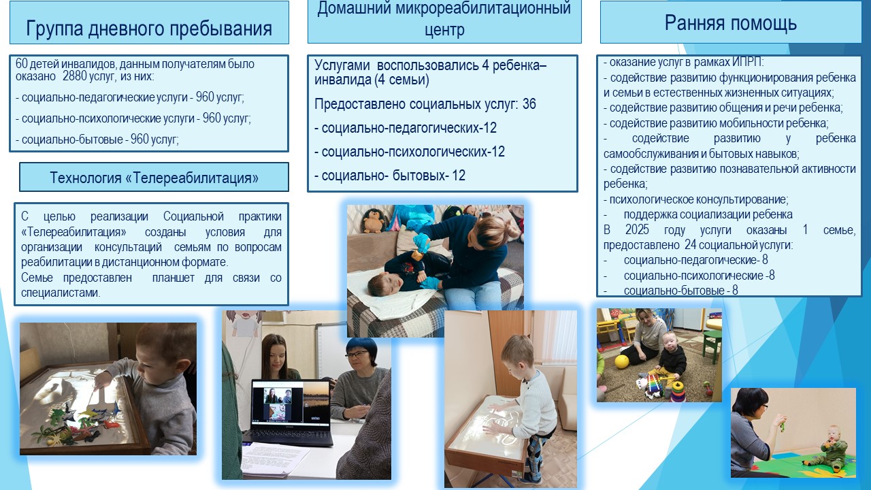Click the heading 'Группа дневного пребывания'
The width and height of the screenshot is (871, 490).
149,29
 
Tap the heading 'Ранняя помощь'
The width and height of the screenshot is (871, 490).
731,22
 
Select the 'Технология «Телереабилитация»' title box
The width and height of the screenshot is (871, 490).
154,178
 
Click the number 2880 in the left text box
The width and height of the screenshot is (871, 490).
74,76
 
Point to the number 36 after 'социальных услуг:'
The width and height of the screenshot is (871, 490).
529,104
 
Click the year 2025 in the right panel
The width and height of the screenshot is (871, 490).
637,230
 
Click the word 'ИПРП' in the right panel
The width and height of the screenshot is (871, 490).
746,62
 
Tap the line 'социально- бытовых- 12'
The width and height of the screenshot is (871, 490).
390,176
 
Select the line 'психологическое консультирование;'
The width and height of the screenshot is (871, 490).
696,199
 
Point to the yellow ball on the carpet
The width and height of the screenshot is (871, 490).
622,361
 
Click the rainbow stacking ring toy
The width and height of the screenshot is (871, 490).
677,391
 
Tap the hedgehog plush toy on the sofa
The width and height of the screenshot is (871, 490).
374,220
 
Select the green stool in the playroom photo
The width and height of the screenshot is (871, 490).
712,346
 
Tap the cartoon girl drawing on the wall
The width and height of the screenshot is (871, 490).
243,323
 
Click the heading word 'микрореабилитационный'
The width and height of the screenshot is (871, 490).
483,8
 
